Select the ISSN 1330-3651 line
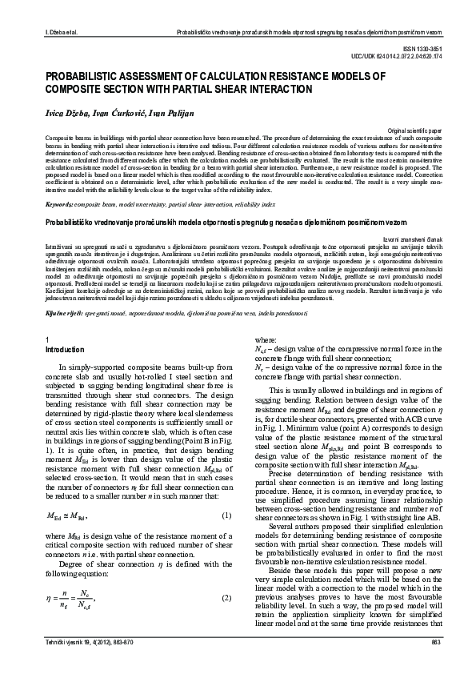[442, 49]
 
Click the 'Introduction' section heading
[66, 349]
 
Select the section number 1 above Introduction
[49, 340]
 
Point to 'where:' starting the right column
[265, 340]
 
